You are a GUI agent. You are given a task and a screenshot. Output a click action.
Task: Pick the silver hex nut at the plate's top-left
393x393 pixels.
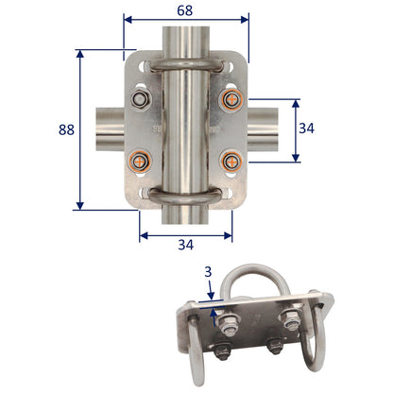tap(142, 99)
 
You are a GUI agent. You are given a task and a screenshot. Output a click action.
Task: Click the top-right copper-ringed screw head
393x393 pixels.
tap(230, 99)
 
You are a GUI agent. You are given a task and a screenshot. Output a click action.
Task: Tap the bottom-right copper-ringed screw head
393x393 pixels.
tap(230, 162)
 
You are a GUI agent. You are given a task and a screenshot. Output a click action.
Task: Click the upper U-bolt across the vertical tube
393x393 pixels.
tap(186, 63)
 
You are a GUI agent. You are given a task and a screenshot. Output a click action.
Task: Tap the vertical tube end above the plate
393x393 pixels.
tap(186, 38)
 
